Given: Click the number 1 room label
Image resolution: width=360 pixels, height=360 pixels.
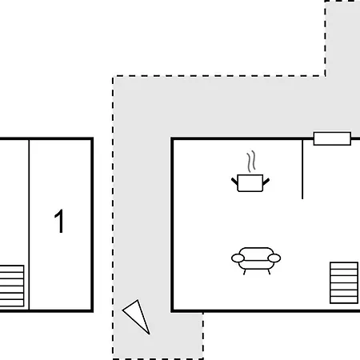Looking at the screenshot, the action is (x=59, y=221).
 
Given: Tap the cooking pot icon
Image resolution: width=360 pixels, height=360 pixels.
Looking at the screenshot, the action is (x=250, y=183).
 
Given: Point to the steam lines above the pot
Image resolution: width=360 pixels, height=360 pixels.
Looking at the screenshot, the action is (x=251, y=162).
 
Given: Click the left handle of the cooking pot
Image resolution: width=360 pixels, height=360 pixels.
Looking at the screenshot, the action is (x=234, y=182).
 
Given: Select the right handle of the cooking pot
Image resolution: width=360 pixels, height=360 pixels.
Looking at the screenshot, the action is (x=266, y=182).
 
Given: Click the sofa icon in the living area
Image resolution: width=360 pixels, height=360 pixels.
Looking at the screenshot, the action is (x=256, y=261).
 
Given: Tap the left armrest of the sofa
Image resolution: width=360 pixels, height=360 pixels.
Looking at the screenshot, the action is (x=238, y=258).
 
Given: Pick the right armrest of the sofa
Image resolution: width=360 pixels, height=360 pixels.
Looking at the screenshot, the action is (x=274, y=258).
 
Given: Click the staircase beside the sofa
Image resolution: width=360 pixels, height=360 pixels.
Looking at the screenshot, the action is (x=344, y=283).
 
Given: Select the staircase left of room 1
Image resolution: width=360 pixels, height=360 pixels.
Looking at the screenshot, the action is (x=12, y=286).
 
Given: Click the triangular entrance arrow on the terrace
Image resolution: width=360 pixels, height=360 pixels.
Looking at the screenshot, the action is (x=137, y=317).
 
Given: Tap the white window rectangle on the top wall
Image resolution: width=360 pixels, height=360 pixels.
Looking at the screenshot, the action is (x=332, y=138).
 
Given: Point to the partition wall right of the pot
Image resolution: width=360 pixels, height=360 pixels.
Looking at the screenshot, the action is (x=302, y=169).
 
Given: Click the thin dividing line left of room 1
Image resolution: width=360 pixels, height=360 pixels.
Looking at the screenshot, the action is (x=29, y=225).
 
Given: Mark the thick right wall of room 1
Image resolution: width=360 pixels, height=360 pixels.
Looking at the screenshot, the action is (x=92, y=225).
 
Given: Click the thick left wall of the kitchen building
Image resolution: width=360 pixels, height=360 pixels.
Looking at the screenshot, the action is (x=172, y=225).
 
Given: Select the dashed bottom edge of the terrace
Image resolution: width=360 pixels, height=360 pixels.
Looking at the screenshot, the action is (x=158, y=359).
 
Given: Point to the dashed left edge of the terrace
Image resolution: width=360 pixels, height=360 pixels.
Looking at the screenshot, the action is (x=113, y=218).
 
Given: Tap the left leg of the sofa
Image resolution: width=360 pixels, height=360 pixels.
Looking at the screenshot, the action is (x=244, y=272).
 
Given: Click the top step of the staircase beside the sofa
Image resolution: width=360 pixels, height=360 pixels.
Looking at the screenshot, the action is (x=344, y=266).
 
